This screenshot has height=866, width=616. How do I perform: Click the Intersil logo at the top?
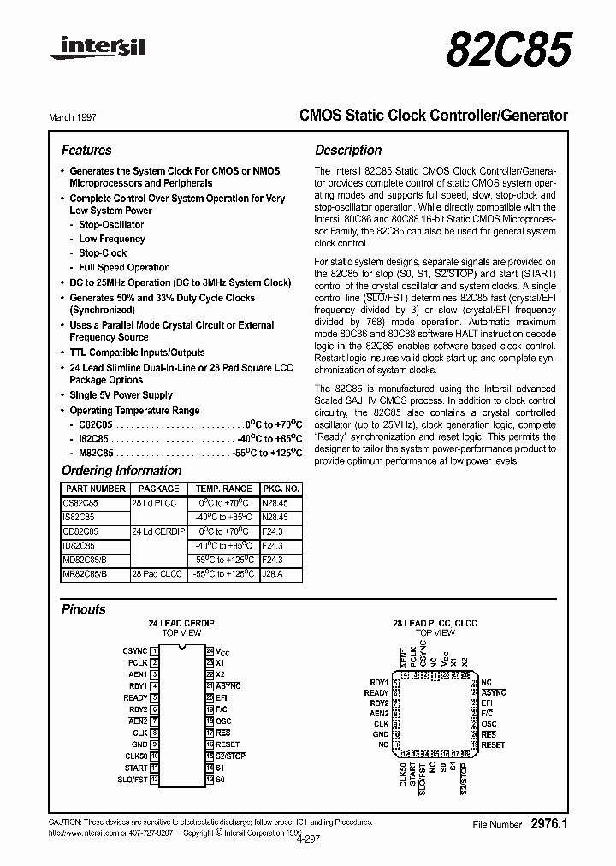click(98, 49)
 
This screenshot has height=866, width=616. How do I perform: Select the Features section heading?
click(86, 150)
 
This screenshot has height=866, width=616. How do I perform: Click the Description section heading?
click(348, 150)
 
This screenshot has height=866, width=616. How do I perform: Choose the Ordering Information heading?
click(121, 471)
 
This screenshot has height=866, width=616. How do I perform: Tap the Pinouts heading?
click(84, 609)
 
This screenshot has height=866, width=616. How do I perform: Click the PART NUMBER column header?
click(95, 489)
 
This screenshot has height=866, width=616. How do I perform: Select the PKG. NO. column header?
click(280, 489)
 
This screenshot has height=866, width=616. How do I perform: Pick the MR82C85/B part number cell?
click(86, 574)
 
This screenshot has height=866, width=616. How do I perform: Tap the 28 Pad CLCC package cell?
click(157, 574)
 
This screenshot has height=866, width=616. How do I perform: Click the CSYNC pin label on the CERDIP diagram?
click(135, 651)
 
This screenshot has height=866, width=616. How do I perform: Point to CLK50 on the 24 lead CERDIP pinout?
click(136, 756)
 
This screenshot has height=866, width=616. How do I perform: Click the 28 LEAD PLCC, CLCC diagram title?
click(435, 622)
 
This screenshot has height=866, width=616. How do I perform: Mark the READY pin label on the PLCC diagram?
click(376, 692)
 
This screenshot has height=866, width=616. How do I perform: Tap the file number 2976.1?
click(549, 824)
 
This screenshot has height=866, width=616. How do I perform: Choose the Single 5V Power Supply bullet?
click(121, 395)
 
